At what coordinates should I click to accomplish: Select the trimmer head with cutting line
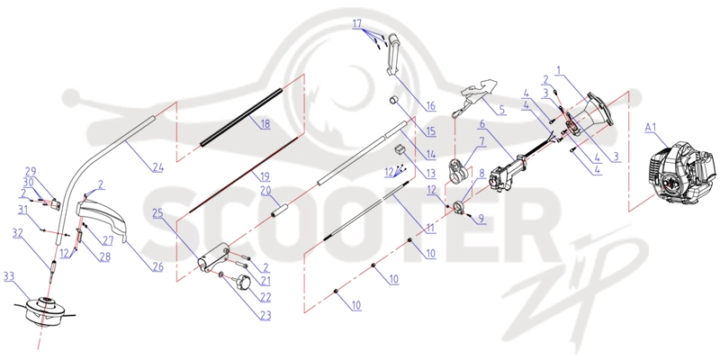45,310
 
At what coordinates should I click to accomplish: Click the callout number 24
157,167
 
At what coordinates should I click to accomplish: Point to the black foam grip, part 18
240,117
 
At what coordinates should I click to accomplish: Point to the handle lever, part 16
392,55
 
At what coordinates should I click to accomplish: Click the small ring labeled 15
393,100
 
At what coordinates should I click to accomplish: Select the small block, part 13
400,149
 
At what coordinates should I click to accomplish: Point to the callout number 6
482,124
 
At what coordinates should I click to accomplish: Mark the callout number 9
481,219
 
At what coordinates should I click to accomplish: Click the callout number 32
18,233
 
